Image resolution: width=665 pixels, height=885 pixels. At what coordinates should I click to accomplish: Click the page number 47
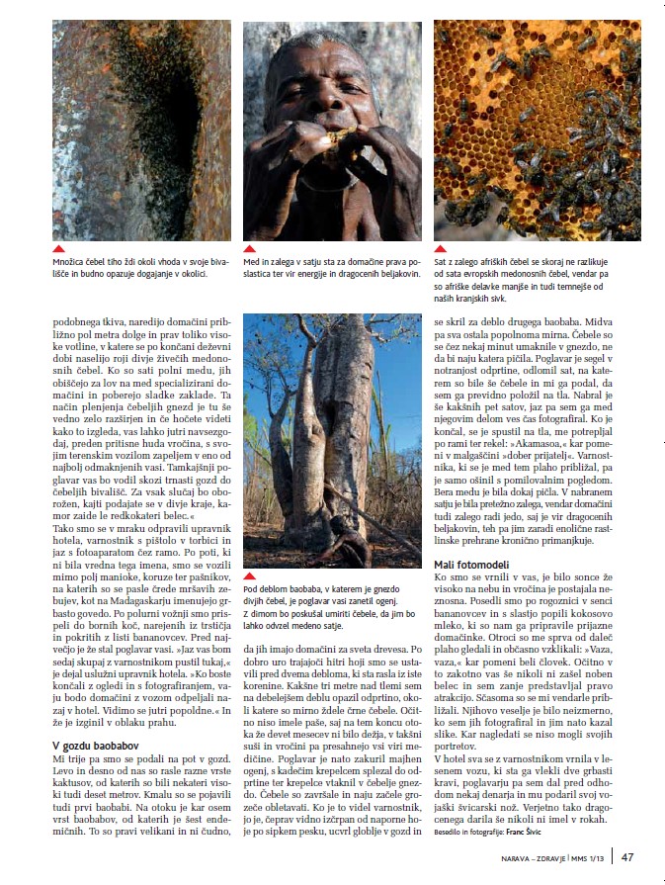coord(627,857)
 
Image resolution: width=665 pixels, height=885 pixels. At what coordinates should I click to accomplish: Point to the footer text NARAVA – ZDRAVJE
coord(534,858)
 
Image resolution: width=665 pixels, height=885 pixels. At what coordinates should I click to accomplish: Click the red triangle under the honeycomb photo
coord(440,249)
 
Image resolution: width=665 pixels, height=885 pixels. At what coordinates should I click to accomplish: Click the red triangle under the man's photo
coord(250,249)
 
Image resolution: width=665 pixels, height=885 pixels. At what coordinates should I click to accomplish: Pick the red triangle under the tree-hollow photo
coord(59,249)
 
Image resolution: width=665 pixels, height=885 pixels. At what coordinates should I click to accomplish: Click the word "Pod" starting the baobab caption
coord(252,589)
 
